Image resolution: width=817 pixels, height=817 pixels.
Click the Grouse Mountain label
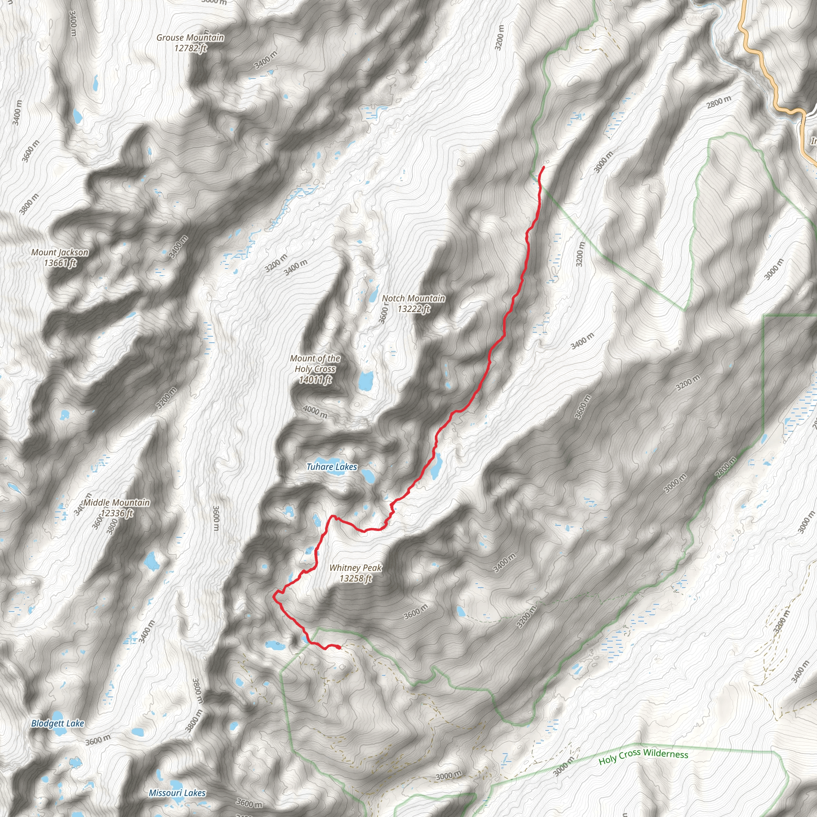[190, 37]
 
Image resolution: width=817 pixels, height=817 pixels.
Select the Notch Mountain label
[413, 298]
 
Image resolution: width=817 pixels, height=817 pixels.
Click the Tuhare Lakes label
[332, 467]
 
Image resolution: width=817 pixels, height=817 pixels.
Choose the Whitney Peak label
[355, 568]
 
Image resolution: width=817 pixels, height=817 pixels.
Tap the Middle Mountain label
[117, 503]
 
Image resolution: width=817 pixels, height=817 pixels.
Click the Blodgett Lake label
[57, 724]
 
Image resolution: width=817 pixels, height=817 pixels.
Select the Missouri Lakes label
[177, 793]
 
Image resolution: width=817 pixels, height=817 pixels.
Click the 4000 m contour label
[315, 411]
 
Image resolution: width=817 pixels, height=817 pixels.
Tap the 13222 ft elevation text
[413, 309]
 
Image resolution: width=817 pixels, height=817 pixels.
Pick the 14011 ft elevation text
[315, 380]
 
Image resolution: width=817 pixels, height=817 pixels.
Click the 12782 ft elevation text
[190, 48]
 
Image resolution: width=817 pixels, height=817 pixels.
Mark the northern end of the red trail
[543, 168]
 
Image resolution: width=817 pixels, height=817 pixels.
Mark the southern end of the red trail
[339, 647]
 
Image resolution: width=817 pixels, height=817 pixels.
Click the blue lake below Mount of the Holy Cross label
[365, 381]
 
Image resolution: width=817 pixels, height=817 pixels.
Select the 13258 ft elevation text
[355, 578]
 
